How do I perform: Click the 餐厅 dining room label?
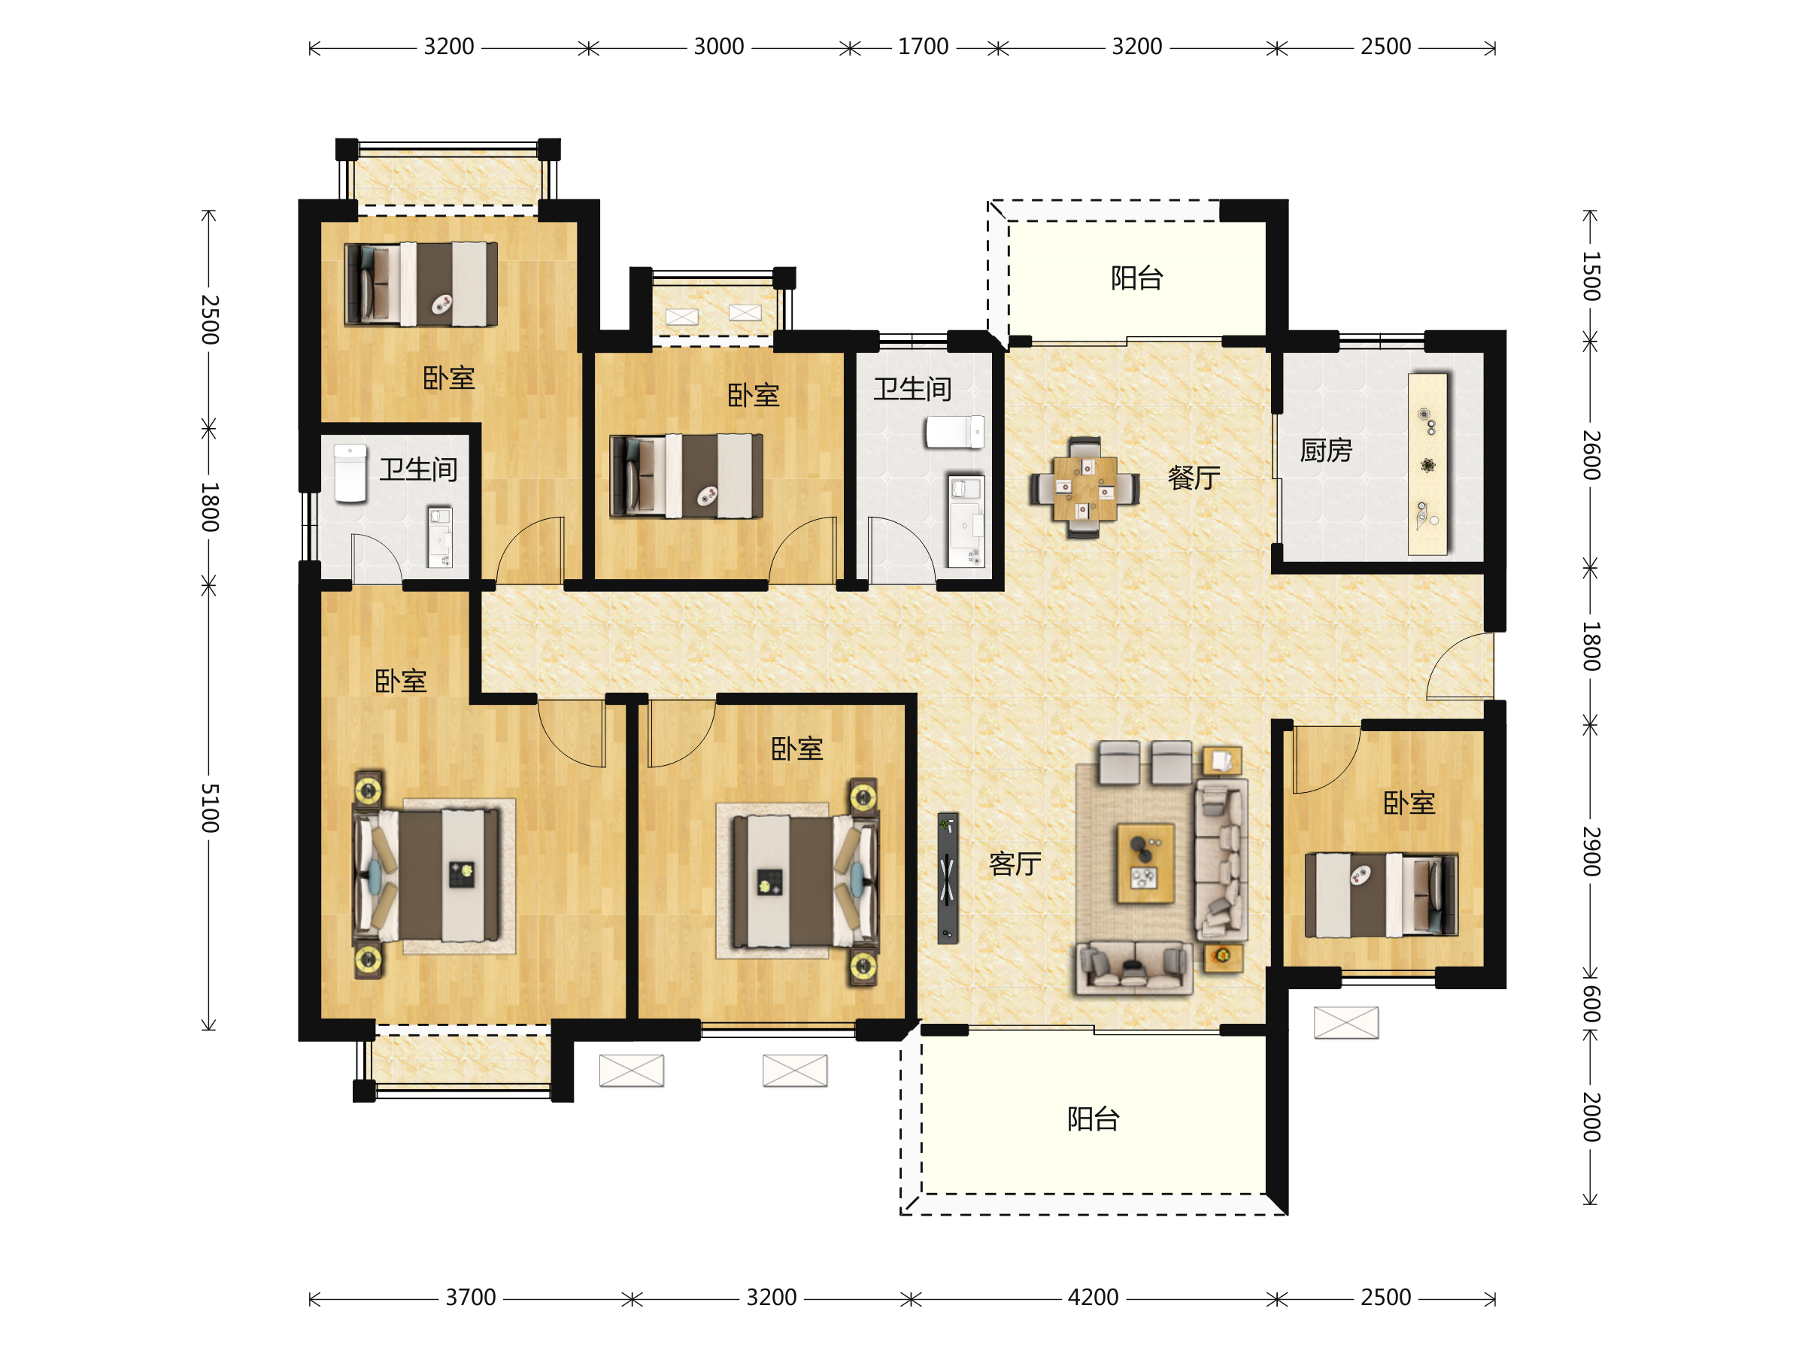click(x=1194, y=478)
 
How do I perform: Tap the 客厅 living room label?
click(x=1015, y=864)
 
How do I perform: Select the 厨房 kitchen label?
click(x=1326, y=450)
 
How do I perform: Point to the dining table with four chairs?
click(x=1084, y=488)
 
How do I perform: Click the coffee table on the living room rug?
click(x=1145, y=864)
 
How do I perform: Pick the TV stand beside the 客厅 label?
click(x=947, y=877)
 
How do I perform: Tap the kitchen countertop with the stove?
click(x=1427, y=463)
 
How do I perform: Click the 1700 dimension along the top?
click(x=923, y=47)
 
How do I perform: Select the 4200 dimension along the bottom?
click(x=1093, y=1297)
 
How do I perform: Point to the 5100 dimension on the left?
click(x=210, y=807)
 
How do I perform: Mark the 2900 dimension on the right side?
click(x=1591, y=852)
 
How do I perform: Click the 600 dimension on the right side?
click(x=1591, y=1004)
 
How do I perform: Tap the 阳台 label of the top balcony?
click(x=1136, y=278)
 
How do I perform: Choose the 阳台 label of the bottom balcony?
click(x=1094, y=1118)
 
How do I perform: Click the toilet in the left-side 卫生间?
click(x=350, y=472)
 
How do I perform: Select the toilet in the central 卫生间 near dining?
click(x=954, y=432)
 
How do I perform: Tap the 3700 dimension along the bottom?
click(x=470, y=1297)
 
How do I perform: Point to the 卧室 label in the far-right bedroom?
click(x=1409, y=803)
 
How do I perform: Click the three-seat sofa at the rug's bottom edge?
click(x=1134, y=968)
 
